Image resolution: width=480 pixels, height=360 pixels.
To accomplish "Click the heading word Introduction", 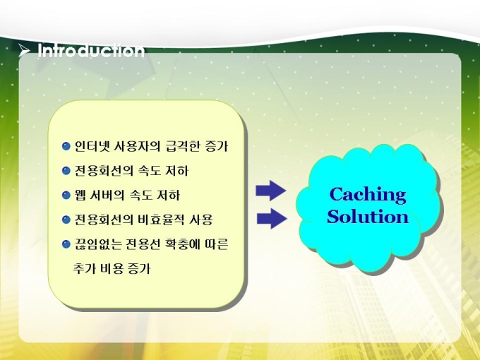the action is pos(91,51).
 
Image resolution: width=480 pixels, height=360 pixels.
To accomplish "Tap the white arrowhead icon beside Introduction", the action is pos(24,50).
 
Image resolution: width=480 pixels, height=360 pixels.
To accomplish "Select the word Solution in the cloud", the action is pos(368,217).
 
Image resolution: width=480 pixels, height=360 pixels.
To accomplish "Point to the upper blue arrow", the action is pos(271,191).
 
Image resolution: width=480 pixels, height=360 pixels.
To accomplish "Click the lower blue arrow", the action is pos(272,218).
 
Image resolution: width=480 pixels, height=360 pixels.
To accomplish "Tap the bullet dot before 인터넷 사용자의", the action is pos(66,146).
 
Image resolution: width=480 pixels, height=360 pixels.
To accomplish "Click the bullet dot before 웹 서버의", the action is pos(66,195).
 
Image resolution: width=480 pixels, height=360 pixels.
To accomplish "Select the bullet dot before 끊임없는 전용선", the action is pos(66,244).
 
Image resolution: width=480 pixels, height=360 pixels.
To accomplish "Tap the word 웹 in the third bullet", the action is pos(80,195).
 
